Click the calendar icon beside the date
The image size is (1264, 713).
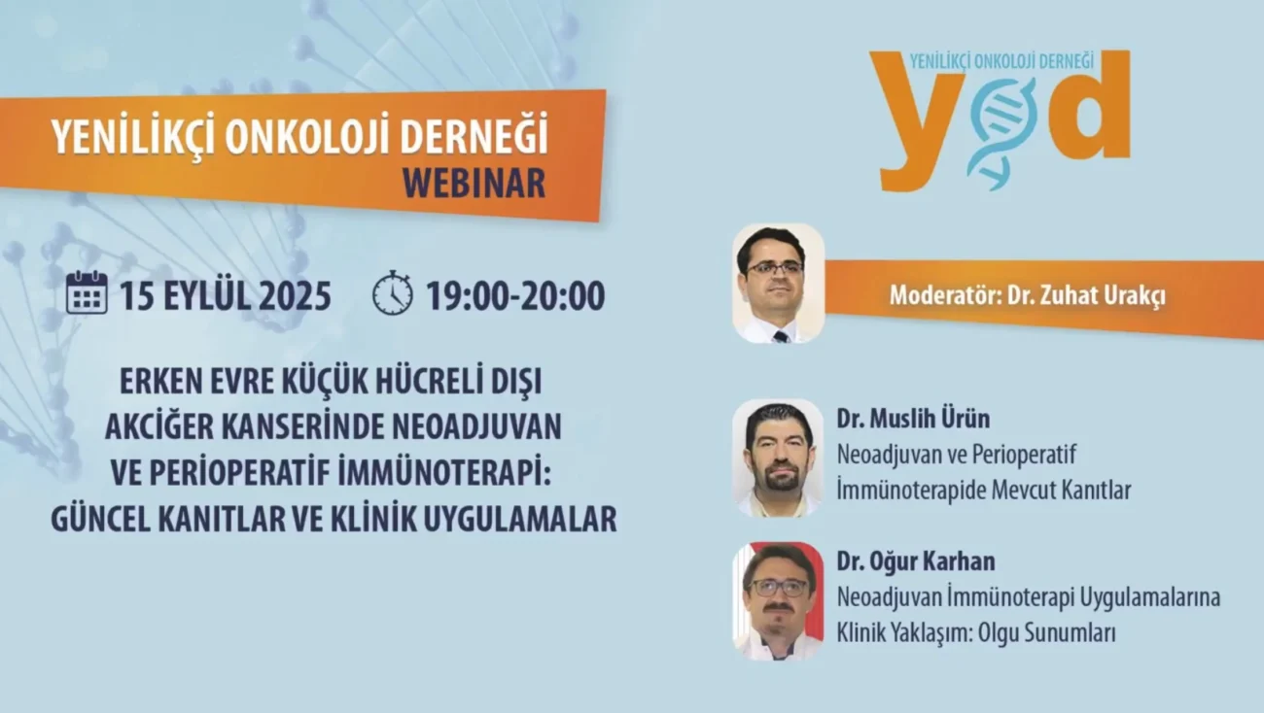tap(87, 292)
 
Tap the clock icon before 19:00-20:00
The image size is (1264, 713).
tap(393, 292)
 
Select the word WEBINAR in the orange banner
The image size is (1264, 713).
tap(474, 183)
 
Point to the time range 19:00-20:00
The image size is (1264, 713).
tap(515, 296)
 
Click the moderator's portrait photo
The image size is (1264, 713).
tap(779, 283)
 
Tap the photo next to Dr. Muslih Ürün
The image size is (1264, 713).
tap(779, 458)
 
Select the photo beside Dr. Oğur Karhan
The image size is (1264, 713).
tap(779, 601)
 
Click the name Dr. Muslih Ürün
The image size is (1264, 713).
tap(913, 419)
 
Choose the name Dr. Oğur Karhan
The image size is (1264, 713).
tap(916, 561)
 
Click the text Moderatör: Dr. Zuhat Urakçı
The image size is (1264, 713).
tap(1028, 295)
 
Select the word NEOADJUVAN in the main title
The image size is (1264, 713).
tap(476, 426)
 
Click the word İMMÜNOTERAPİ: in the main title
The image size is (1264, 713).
tap(443, 472)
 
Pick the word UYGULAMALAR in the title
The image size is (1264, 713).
tap(520, 519)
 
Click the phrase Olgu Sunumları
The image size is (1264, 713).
tap(1047, 633)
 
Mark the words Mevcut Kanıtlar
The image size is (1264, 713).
tap(1062, 491)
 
